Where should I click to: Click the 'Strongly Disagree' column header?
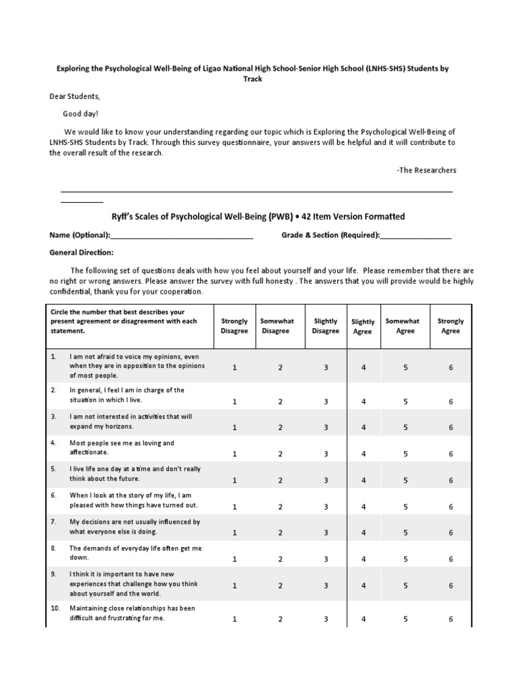(x=234, y=326)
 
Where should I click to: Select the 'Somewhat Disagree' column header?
(x=275, y=326)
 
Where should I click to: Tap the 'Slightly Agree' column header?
(x=363, y=327)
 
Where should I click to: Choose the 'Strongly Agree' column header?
(x=450, y=326)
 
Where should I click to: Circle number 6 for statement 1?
(x=451, y=368)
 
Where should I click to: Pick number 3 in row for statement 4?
(x=326, y=454)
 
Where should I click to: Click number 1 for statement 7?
(x=235, y=533)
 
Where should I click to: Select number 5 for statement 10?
(x=406, y=619)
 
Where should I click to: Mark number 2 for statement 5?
(x=281, y=480)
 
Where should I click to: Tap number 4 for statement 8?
(x=364, y=559)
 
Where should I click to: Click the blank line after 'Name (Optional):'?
(x=182, y=237)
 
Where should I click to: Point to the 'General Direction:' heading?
(x=81, y=252)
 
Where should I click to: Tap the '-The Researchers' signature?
(x=426, y=170)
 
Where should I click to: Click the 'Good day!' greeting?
(x=81, y=115)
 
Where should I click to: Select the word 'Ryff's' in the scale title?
(x=125, y=217)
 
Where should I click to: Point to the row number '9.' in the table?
(x=53, y=573)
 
